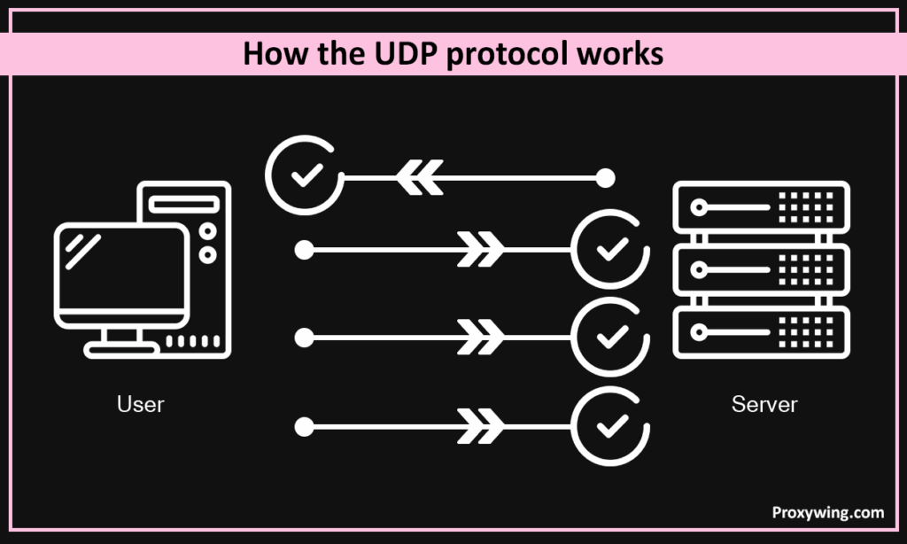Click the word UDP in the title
404,54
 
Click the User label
141,405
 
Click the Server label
764,405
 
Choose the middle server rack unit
761,270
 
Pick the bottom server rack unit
761,331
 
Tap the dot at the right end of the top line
605,178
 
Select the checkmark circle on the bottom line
609,427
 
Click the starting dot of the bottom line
304,427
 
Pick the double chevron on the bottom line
481,427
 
